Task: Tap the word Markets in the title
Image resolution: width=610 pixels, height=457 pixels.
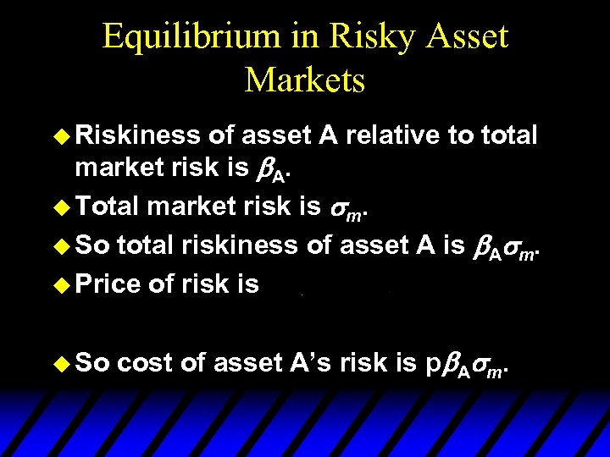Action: (305, 80)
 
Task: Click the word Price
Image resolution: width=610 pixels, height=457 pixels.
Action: (108, 285)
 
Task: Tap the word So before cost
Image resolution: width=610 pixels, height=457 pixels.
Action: (93, 364)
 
